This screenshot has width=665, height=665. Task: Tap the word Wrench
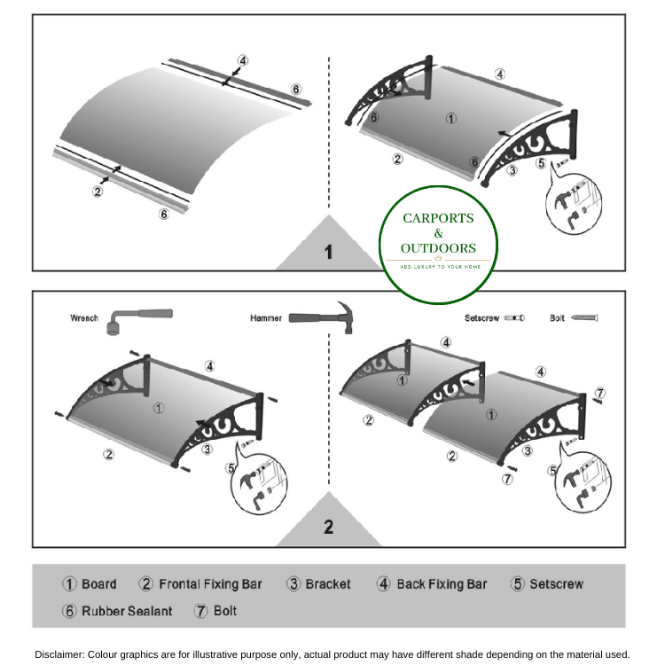coord(84,317)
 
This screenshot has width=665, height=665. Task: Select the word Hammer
coord(266,317)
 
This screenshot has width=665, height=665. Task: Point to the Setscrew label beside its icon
coord(482,317)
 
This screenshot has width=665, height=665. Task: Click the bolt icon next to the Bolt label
coord(585,317)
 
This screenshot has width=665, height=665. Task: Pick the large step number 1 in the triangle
coord(328,253)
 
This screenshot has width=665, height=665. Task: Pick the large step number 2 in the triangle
coord(328,527)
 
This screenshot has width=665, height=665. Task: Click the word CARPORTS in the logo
coord(438,218)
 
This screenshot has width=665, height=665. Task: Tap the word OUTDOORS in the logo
coord(438,248)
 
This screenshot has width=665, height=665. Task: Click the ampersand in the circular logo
coord(438,233)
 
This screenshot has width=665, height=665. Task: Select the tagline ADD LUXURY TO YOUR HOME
coord(438,266)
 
